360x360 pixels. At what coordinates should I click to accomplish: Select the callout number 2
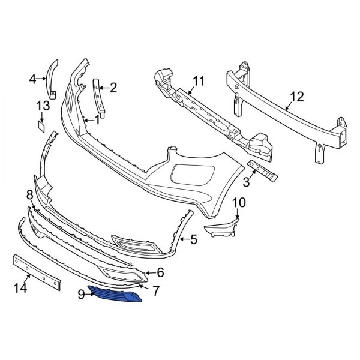(113, 88)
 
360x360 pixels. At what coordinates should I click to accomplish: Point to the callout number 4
(34, 77)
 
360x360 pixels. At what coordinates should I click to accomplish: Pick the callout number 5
(193, 241)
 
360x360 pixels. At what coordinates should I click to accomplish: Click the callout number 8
(29, 194)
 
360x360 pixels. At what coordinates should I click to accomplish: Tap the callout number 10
(239, 202)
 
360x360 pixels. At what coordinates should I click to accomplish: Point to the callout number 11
(199, 80)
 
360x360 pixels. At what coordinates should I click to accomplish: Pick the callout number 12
(297, 97)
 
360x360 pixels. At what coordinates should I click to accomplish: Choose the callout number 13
(42, 106)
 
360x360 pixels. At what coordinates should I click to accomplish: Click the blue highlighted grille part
(117, 295)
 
